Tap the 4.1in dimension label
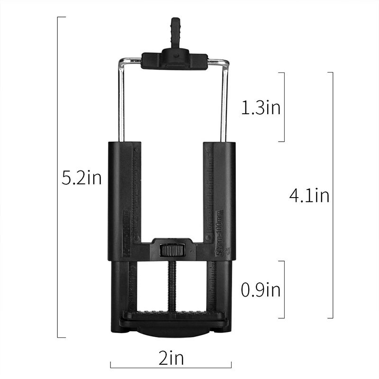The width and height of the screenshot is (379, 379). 309,195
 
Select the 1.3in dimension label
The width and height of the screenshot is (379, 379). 261,108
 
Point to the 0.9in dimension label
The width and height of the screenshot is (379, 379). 261,289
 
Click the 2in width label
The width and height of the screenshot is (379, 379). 171,358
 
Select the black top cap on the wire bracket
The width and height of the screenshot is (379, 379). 174,59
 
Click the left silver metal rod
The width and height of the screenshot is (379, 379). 122,102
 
